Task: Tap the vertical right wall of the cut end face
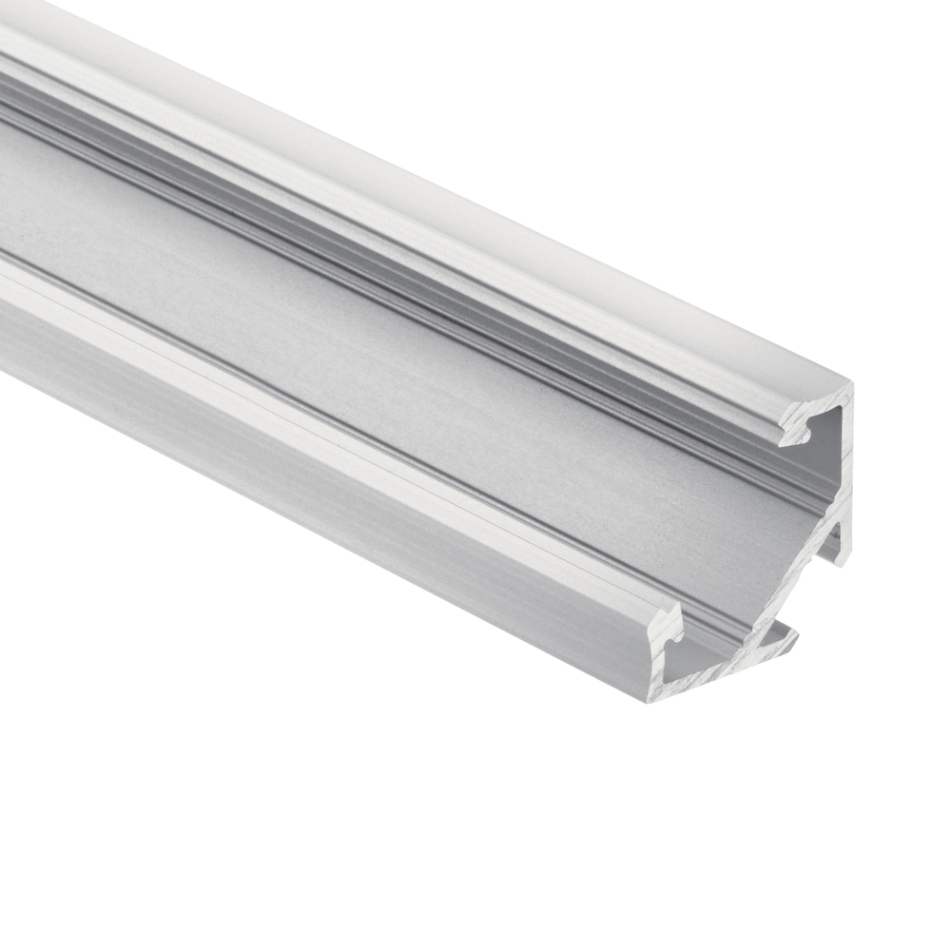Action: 844,475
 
